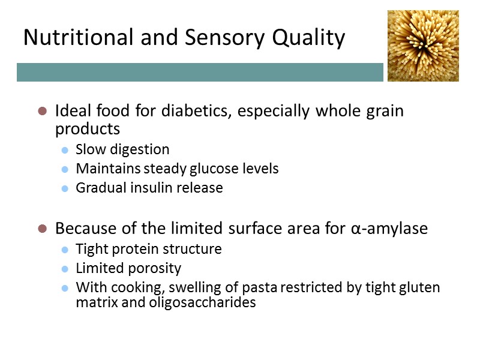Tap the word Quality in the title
pyautogui.click(x=309, y=38)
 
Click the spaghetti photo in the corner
pyautogui.click(x=423, y=46)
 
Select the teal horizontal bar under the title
pyautogui.click(x=200, y=72)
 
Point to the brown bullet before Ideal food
pyautogui.click(x=42, y=111)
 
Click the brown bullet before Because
pyautogui.click(x=42, y=229)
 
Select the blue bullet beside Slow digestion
pyautogui.click(x=65, y=150)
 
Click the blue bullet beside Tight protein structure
pyautogui.click(x=65, y=250)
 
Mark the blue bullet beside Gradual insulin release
pyautogui.click(x=65, y=188)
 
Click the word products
pyautogui.click(x=88, y=129)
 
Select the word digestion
pyautogui.click(x=139, y=149)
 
